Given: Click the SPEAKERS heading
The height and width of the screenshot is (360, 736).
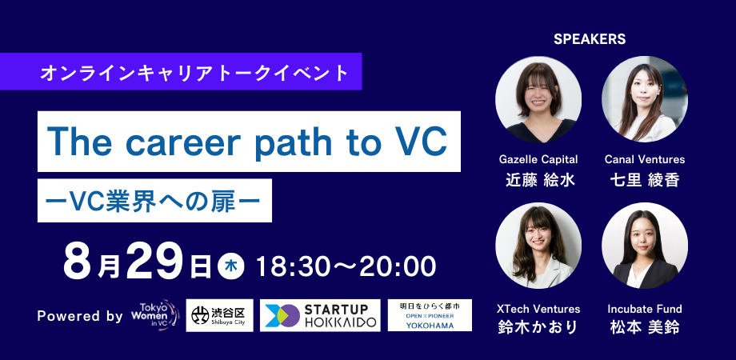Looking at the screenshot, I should coord(589,38).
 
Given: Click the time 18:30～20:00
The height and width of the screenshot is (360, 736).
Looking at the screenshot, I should coord(345,265).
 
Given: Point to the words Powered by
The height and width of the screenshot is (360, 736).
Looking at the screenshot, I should coord(80,316).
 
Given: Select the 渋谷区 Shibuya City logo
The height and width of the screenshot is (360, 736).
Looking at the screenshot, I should coord(220,315).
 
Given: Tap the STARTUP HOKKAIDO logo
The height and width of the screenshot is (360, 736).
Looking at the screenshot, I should coord(320,315).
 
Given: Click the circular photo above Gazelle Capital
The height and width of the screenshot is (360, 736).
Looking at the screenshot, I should coord(538,99).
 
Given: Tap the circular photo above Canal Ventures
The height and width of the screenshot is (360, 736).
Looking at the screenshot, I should coord(644,99).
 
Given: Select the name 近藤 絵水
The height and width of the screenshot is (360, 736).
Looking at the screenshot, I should coord(538,179).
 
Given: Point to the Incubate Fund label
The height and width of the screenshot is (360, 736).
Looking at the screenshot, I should coord(644,309).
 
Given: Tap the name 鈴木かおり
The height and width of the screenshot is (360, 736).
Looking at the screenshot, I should coord(538,328).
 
